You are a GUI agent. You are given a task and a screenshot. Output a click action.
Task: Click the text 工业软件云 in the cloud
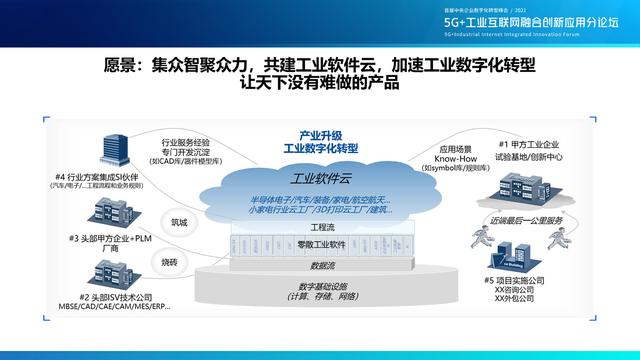pyautogui.click(x=316, y=181)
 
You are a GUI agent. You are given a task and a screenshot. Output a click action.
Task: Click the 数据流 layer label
pyautogui.click(x=323, y=265)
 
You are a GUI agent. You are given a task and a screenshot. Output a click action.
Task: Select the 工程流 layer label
pyautogui.click(x=323, y=228)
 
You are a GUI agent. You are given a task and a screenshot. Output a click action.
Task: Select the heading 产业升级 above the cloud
pyautogui.click(x=320, y=133)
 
